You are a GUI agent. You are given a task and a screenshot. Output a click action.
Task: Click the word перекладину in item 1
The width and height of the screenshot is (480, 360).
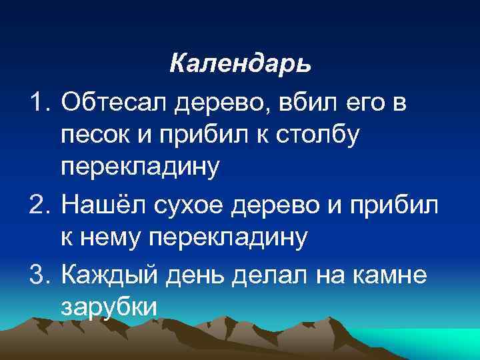tap(139, 169)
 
